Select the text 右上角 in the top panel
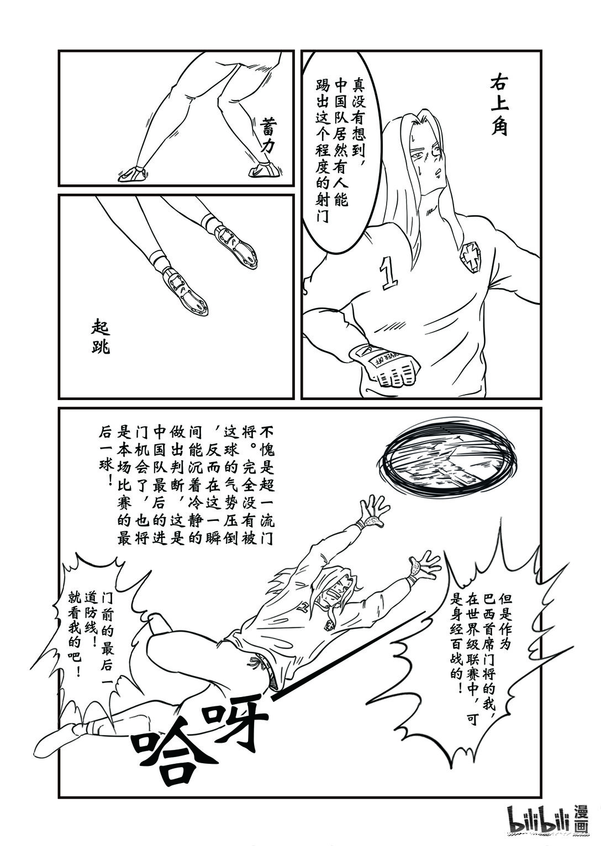click(503, 105)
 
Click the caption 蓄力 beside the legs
click(272, 131)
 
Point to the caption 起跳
click(102, 338)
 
